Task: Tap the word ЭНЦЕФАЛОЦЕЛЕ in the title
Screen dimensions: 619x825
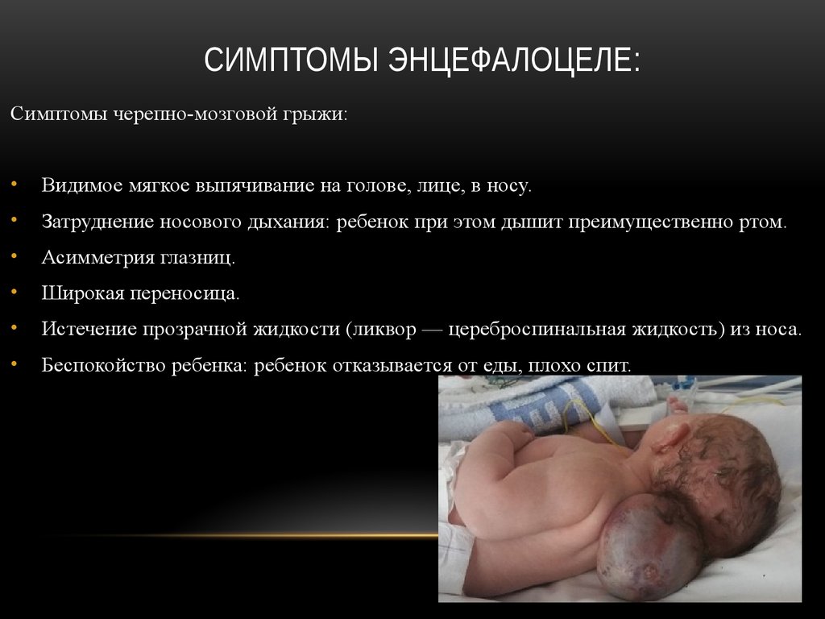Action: click(x=515, y=61)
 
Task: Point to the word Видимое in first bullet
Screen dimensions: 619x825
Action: click(x=81, y=186)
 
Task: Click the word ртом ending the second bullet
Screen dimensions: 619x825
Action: click(x=763, y=222)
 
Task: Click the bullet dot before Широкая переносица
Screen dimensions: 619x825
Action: click(x=15, y=294)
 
